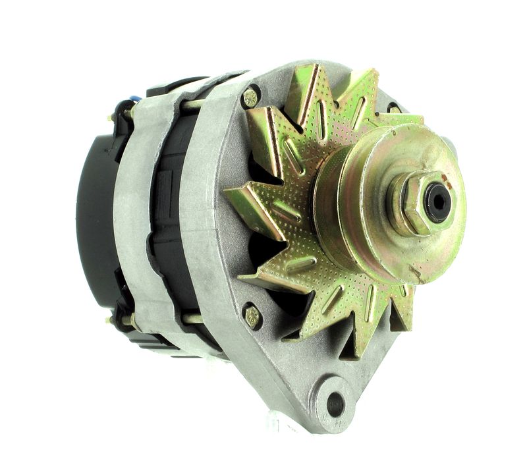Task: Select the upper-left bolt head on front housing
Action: coord(250,98)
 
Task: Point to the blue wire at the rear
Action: coord(136,99)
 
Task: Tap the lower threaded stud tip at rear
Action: coord(109,321)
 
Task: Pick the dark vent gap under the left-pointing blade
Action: coord(263,250)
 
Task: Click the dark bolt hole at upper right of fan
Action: coord(393,107)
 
